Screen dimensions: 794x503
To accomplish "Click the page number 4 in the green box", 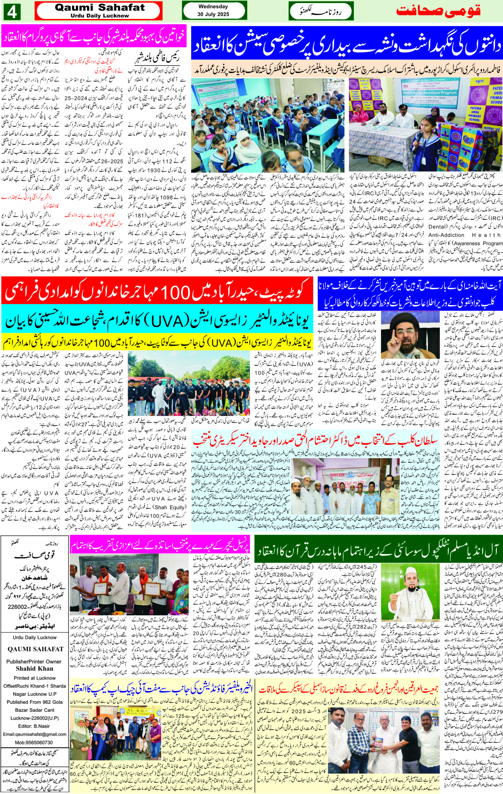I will click(x=12, y=11).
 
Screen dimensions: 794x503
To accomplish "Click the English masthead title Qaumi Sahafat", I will click(x=99, y=8).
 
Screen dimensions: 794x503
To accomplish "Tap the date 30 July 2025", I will click(x=213, y=14).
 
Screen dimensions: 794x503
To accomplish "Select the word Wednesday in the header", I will click(x=213, y=7).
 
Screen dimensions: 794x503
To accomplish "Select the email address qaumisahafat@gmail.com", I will click(x=34, y=734).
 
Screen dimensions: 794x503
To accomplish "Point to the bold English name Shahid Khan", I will click(x=34, y=668).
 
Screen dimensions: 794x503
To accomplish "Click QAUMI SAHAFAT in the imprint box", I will click(x=35, y=649).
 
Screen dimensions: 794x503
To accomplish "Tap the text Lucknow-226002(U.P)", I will click(x=34, y=718).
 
